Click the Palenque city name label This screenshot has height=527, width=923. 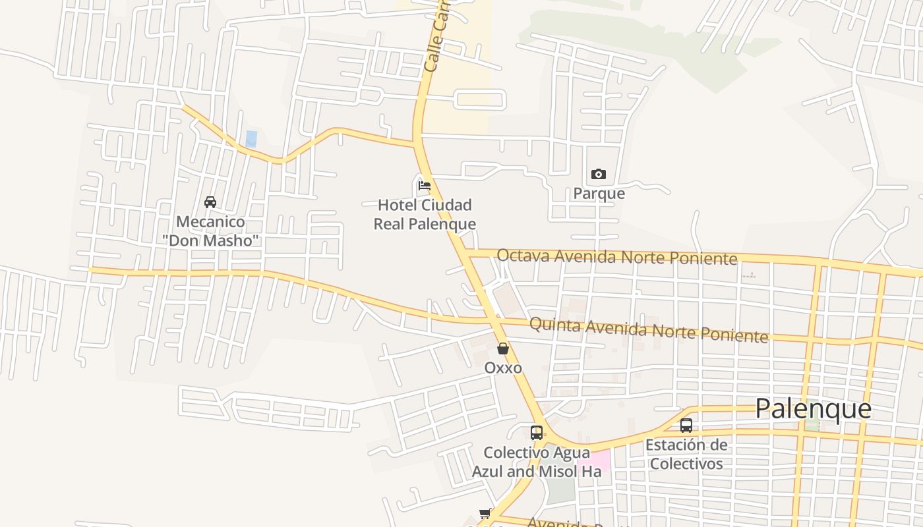(x=813, y=409)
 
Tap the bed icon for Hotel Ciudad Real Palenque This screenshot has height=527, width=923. (x=425, y=186)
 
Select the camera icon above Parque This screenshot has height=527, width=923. (x=599, y=175)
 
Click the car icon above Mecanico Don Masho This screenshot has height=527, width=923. (x=210, y=202)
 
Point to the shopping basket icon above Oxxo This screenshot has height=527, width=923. (x=503, y=348)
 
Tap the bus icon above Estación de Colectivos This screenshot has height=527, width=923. (x=686, y=426)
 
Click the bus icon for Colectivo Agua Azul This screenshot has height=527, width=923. (x=537, y=433)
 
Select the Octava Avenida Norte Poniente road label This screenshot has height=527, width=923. (x=616, y=257)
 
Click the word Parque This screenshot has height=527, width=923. (x=599, y=194)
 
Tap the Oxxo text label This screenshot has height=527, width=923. (x=503, y=368)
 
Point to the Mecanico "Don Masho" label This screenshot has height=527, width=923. (x=212, y=231)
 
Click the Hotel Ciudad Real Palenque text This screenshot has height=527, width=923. (x=425, y=215)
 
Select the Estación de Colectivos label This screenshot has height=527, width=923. (x=686, y=454)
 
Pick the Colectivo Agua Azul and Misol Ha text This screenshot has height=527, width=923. (x=537, y=462)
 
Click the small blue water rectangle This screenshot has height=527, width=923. (x=251, y=138)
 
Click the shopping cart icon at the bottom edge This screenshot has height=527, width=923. (x=485, y=513)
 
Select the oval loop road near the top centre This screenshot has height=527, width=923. (x=480, y=99)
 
